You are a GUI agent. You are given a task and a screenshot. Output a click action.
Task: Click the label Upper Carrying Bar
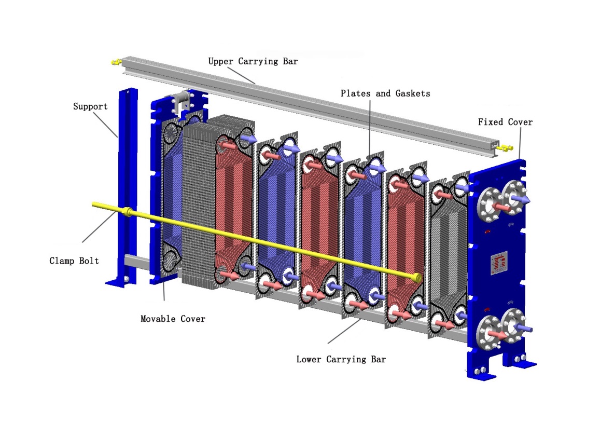253,61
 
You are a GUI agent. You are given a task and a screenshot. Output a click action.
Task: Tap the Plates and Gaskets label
385,93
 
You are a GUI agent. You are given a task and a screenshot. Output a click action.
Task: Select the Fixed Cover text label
505,122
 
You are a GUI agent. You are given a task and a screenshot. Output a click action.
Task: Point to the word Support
90,106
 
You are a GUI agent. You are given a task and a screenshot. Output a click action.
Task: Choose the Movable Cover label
173,318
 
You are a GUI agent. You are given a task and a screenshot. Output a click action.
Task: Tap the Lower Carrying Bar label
341,359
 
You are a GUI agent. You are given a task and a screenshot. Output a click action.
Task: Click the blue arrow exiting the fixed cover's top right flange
522,199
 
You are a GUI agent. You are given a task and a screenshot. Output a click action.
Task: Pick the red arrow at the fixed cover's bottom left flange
498,334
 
